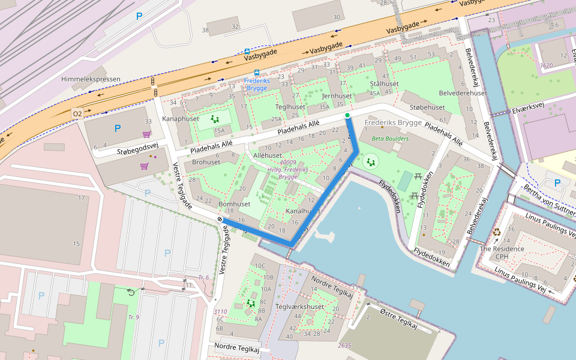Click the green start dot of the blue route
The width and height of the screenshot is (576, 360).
[x=347, y=115]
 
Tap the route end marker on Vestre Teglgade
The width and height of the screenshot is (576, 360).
[x=220, y=220]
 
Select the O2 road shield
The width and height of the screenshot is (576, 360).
[x=77, y=113]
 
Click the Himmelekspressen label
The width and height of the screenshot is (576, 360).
[x=91, y=79]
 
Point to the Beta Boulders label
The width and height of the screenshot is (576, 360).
[x=390, y=139]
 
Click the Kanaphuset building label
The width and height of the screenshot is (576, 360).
[x=181, y=119]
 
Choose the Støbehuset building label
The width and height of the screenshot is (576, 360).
[x=427, y=107]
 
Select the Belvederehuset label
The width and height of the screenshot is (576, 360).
[x=463, y=94]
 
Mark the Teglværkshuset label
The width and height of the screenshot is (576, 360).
[x=299, y=307]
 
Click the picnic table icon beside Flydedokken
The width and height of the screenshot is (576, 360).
[x=415, y=196]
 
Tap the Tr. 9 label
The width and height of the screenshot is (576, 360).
[x=133, y=317]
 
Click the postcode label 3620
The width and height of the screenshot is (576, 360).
[x=546, y=65]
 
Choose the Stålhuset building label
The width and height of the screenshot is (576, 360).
[x=384, y=84]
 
